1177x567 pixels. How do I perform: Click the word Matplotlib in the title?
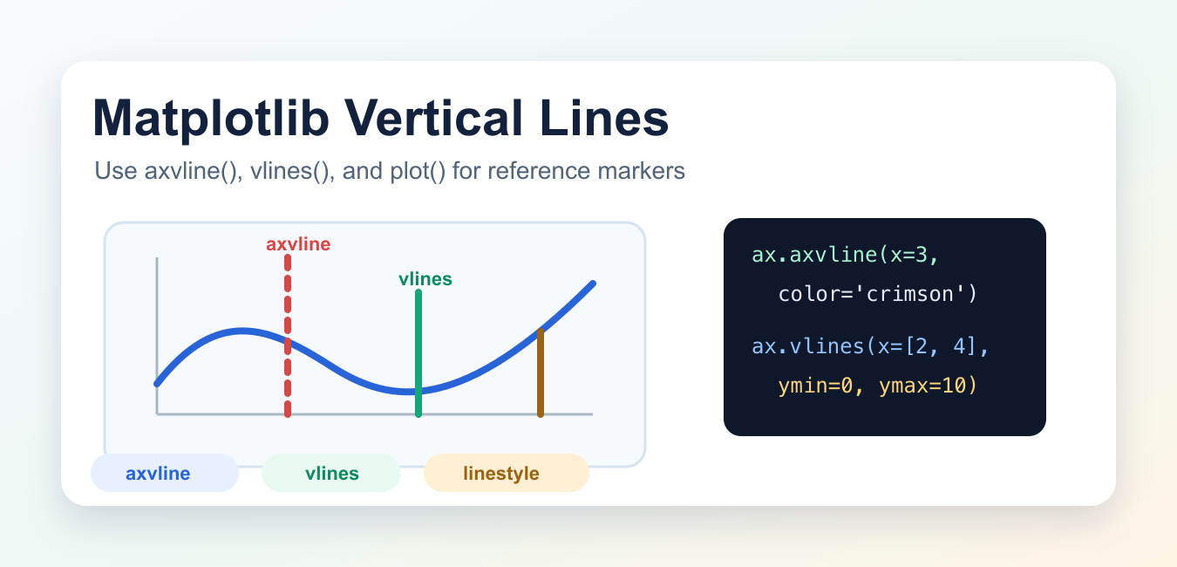point(211,119)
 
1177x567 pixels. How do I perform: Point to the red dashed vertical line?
point(288,336)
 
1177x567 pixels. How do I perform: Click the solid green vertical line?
point(418,353)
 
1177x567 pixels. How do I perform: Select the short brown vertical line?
point(541,372)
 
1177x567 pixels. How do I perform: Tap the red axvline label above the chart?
point(298,244)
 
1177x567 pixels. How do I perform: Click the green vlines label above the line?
point(425,279)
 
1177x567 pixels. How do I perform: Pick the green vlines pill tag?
point(331,473)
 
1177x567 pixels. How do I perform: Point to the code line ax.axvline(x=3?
point(845,256)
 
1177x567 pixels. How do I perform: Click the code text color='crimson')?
point(877,294)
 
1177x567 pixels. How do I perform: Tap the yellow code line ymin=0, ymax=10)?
point(877,386)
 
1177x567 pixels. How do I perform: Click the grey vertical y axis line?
point(157,336)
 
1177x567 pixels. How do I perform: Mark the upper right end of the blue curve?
point(593,283)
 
